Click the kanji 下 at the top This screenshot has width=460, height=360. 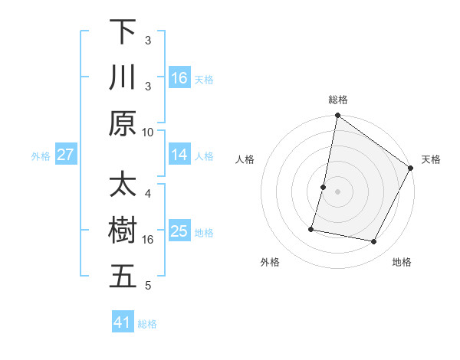(123, 32)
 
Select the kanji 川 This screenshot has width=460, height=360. (123, 77)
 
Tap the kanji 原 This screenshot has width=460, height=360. (123, 123)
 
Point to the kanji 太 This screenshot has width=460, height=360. (123, 186)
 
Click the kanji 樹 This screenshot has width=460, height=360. (123, 231)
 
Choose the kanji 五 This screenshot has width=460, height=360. (123, 277)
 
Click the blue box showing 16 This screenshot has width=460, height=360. (179, 78)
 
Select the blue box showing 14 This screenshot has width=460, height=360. (179, 155)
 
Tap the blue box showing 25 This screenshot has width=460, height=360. (179, 231)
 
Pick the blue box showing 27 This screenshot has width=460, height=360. (65, 155)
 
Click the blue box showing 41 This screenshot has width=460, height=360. (123, 322)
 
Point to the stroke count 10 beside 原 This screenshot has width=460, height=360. (148, 131)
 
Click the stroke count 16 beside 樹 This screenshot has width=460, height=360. (148, 240)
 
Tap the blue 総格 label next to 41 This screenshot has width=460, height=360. (147, 324)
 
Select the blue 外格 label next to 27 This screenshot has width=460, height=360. (41, 156)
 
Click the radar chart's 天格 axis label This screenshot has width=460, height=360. (431, 159)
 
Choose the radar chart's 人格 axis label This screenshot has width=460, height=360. (245, 159)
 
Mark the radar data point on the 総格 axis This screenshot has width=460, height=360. (337, 116)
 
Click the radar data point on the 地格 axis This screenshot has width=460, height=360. (374, 242)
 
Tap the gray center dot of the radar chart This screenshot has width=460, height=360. (337, 191)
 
